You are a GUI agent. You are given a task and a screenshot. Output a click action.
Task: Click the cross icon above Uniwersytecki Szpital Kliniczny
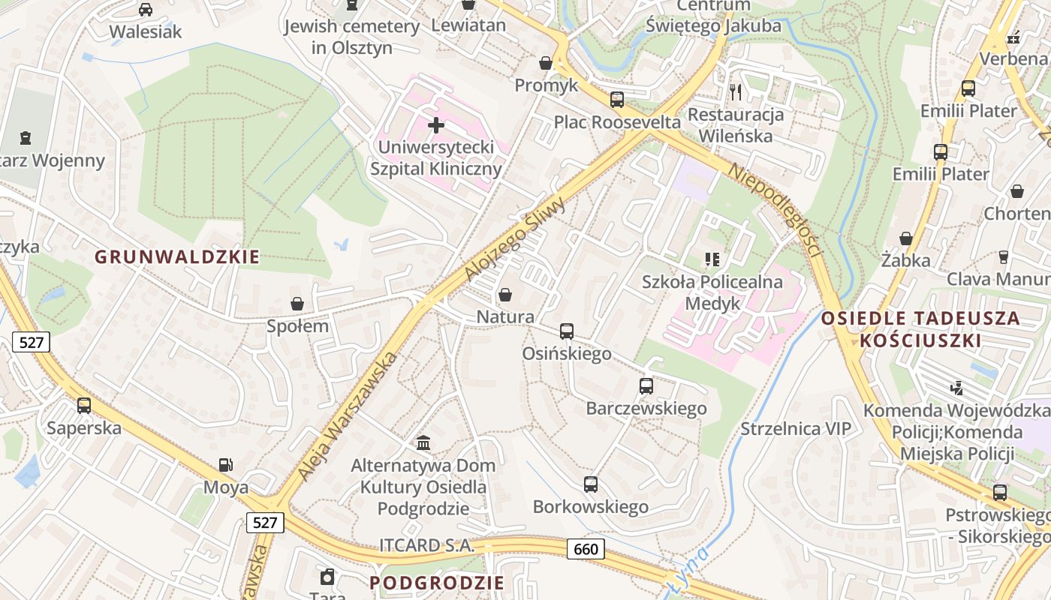pyautogui.click(x=435, y=124)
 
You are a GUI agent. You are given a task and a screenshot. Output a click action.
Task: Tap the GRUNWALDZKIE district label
pyautogui.click(x=177, y=257)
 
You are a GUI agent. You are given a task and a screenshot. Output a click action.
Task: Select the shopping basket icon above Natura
pyautogui.click(x=505, y=295)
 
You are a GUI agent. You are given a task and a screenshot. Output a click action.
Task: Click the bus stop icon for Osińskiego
pyautogui.click(x=567, y=331)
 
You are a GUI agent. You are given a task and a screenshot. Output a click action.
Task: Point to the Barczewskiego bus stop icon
pyautogui.click(x=646, y=386)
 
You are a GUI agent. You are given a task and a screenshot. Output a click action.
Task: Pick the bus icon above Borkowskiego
pyautogui.click(x=591, y=484)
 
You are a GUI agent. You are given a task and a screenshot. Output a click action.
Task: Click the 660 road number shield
pyautogui.click(x=586, y=549)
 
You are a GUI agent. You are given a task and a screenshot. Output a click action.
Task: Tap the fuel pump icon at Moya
pyautogui.click(x=225, y=466)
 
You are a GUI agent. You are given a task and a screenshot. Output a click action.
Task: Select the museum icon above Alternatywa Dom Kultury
pyautogui.click(x=423, y=443)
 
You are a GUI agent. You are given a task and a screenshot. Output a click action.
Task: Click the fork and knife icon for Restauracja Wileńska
pyautogui.click(x=736, y=92)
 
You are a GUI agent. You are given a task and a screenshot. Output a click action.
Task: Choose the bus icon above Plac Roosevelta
pyautogui.click(x=617, y=100)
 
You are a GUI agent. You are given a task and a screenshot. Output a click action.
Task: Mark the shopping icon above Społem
pyautogui.click(x=298, y=304)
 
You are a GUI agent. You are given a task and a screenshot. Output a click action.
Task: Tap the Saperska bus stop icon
pyautogui.click(x=84, y=406)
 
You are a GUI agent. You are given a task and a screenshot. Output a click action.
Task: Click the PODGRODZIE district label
pyautogui.click(x=437, y=583)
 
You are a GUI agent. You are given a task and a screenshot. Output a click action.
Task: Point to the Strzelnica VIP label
pyautogui.click(x=797, y=429)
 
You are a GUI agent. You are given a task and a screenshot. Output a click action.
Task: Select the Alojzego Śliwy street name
pyautogui.click(x=514, y=239)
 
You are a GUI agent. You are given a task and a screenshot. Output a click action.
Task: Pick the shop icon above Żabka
pyautogui.click(x=906, y=238)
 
